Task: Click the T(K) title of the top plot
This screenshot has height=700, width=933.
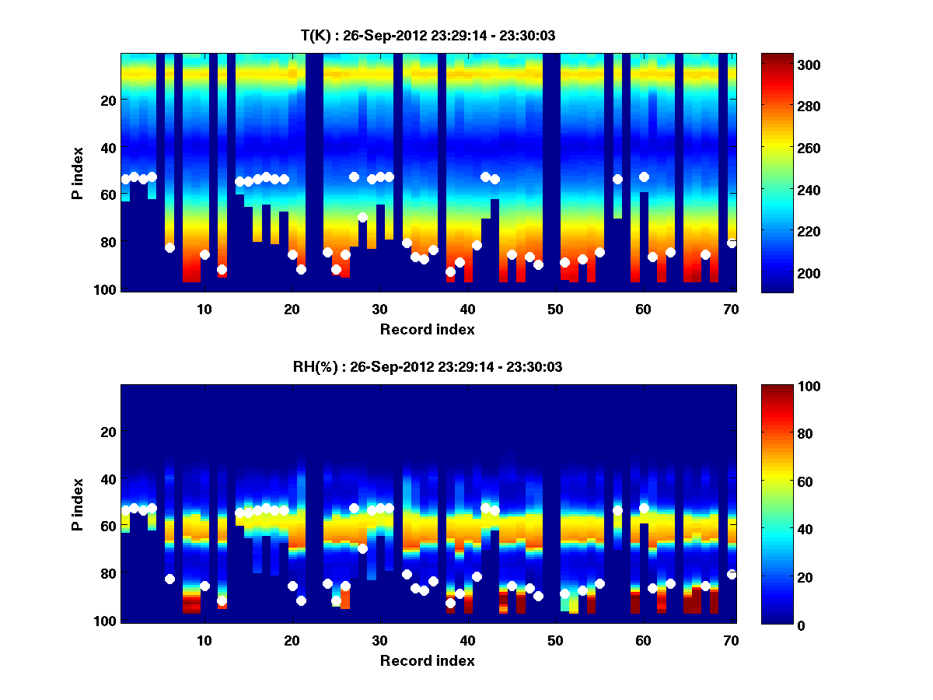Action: tap(427, 35)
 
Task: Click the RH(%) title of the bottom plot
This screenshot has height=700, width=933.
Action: tap(427, 366)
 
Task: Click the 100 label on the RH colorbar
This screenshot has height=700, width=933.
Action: tap(781, 387)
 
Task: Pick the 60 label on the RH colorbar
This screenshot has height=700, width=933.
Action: tap(777, 482)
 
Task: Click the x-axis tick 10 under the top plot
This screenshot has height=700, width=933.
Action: tap(204, 309)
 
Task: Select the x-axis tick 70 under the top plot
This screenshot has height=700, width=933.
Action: tap(732, 309)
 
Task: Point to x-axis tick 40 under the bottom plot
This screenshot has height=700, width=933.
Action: tap(467, 640)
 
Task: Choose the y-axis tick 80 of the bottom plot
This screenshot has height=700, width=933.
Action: tap(107, 574)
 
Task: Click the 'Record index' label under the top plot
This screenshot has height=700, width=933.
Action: tap(427, 329)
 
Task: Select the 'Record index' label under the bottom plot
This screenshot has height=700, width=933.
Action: tap(427, 660)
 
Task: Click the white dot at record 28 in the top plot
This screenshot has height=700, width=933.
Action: tap(362, 217)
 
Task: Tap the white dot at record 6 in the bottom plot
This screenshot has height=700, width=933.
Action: tap(169, 579)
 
